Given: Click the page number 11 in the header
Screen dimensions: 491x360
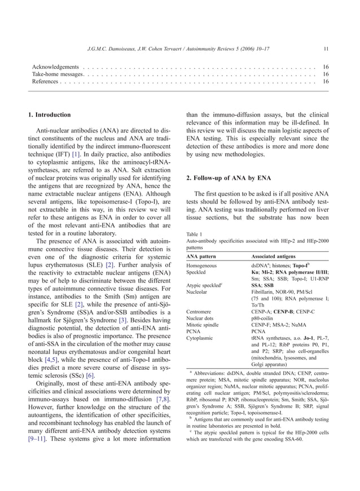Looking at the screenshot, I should [x=326, y=48].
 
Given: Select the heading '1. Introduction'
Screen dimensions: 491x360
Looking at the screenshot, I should [x=50, y=115].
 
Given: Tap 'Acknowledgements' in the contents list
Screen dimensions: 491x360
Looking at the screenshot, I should [x=55, y=67].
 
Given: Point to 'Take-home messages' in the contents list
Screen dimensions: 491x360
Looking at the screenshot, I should [x=58, y=74].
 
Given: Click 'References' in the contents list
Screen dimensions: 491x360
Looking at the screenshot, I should [x=45, y=81].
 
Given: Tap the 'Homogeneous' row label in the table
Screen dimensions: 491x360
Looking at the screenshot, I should [x=204, y=264].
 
